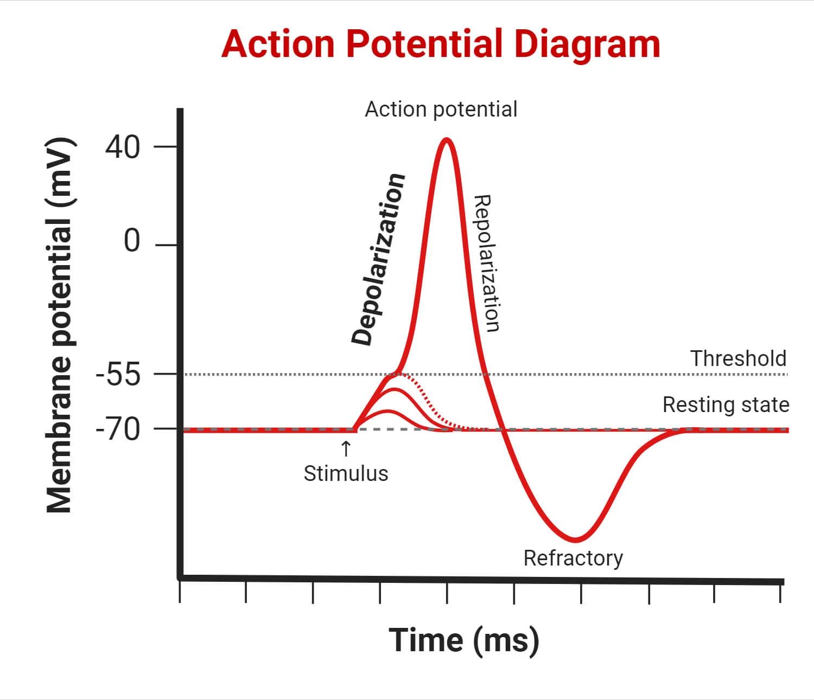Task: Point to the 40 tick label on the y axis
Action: point(123,147)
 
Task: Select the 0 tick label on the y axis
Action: point(132,241)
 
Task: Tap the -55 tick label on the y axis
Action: point(118,375)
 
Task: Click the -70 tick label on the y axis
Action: point(118,430)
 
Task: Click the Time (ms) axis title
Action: point(464,640)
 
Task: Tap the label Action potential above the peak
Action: point(441,110)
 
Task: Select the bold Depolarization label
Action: point(378,259)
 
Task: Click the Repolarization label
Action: point(486,264)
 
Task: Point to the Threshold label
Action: point(738,358)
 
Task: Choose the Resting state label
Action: point(726,405)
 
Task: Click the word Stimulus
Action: point(346,473)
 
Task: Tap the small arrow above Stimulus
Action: point(345,449)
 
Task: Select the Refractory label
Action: point(573,558)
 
